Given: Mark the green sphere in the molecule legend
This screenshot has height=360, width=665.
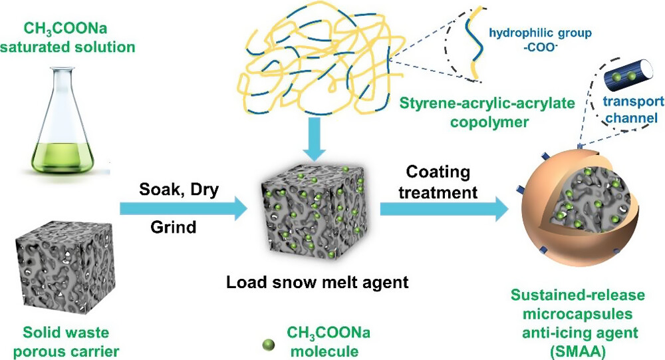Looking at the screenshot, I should tap(268, 344).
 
